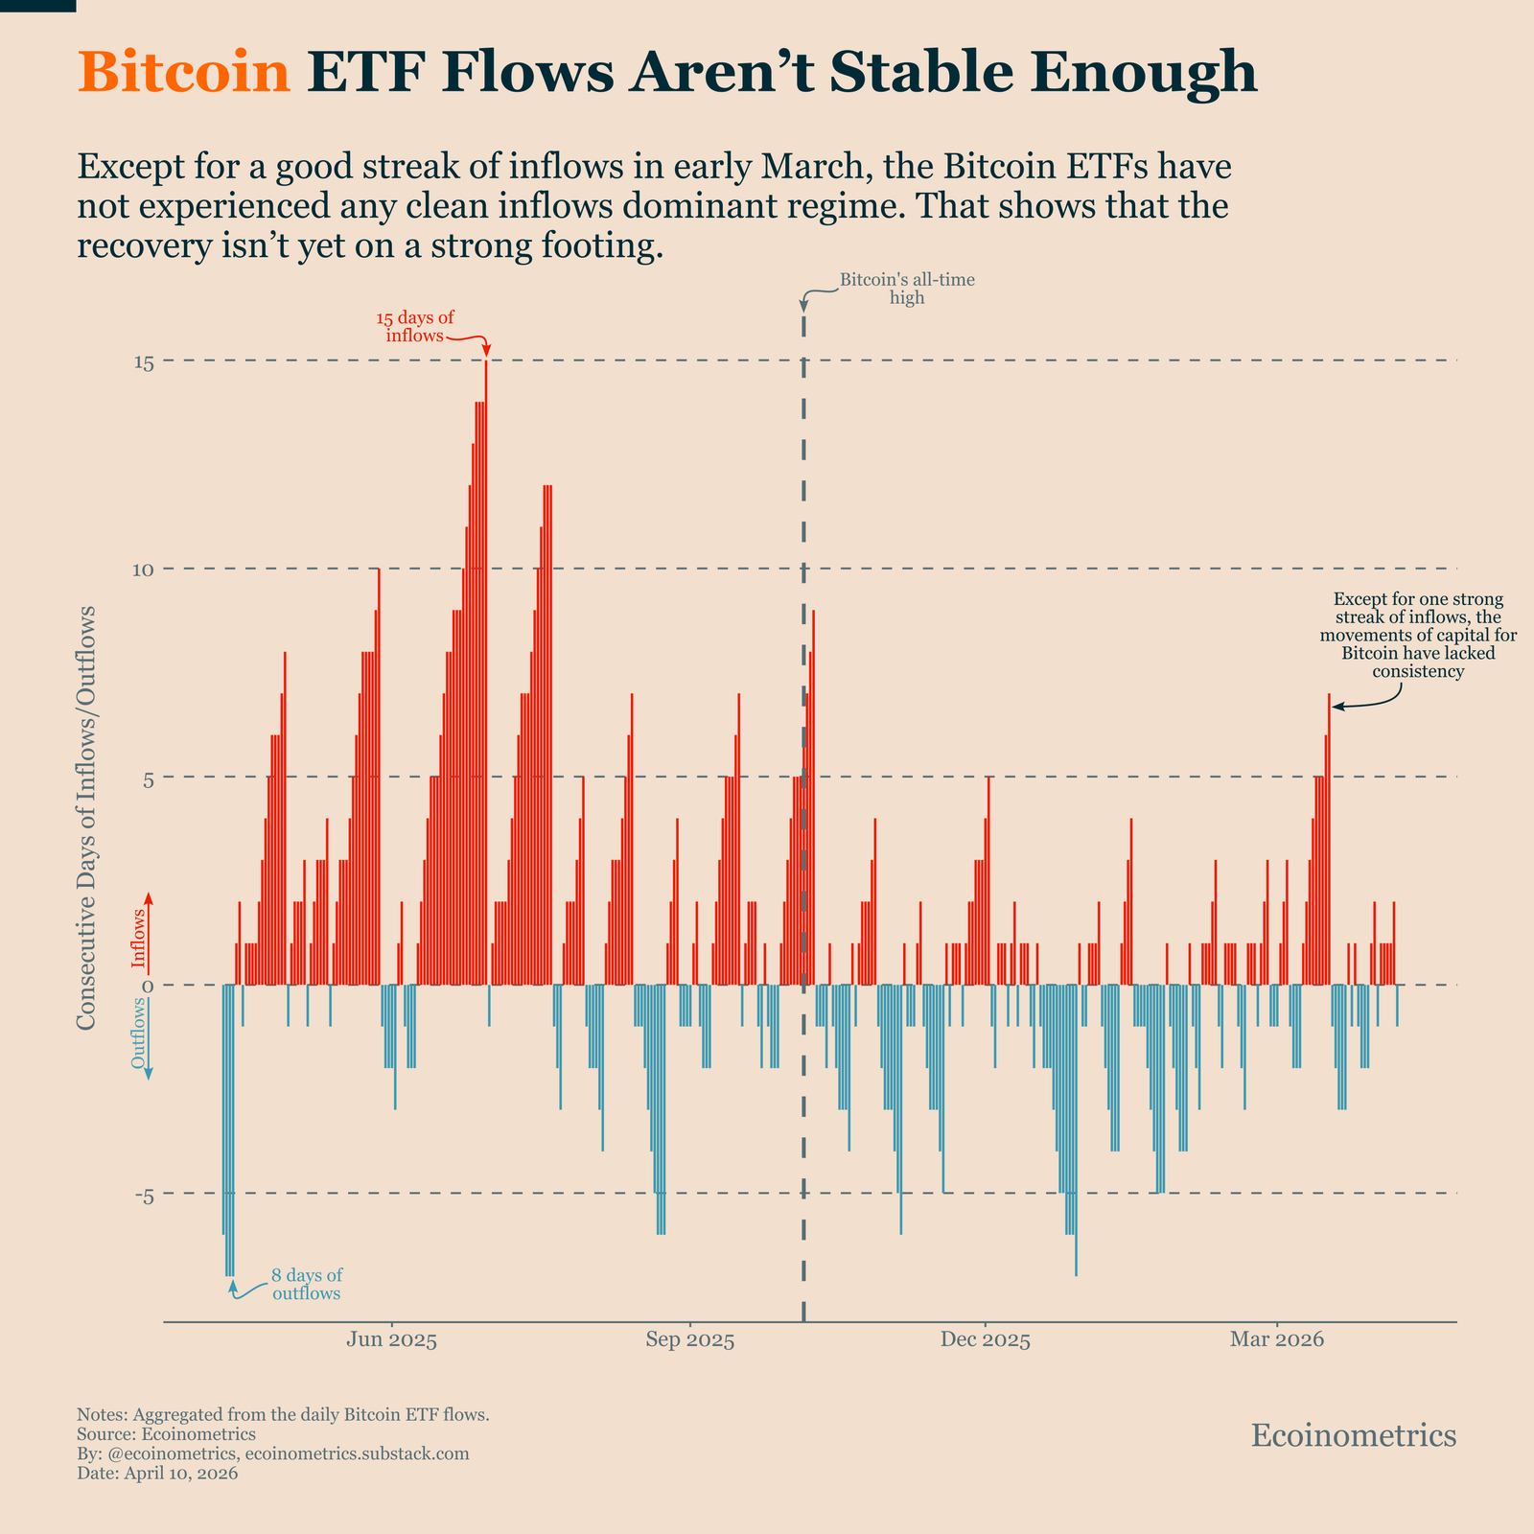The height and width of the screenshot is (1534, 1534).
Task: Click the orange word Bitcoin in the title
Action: coord(183,72)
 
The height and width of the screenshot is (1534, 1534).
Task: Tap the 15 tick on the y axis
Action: coord(145,362)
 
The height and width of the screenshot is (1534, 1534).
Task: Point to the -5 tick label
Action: coord(143,1195)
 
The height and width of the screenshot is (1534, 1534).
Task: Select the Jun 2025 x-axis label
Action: coord(391,1339)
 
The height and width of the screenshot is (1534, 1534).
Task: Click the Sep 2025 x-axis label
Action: coord(689,1339)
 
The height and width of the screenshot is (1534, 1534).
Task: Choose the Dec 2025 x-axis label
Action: coord(985,1339)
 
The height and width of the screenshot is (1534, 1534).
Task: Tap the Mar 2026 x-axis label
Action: coord(1276,1339)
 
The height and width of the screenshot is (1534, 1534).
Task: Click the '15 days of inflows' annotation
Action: coord(414,327)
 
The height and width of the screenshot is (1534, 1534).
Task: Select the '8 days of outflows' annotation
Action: coord(306,1285)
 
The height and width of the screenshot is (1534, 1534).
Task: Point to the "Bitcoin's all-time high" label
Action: coord(906,289)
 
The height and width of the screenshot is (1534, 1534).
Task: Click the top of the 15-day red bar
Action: coord(486,363)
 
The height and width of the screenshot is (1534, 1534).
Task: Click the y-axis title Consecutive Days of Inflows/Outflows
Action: coord(86,818)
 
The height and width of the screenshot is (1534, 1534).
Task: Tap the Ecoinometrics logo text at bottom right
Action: coord(1354,1435)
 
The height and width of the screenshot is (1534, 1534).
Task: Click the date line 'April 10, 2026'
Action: coord(157,1474)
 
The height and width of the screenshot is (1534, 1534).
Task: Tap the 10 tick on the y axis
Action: coord(145,569)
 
